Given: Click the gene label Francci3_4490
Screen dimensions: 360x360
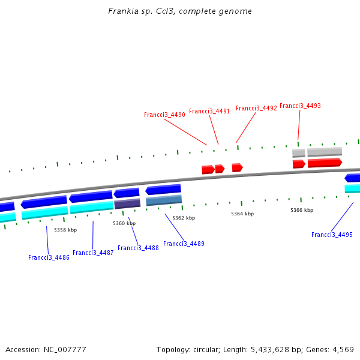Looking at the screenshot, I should point(164,115).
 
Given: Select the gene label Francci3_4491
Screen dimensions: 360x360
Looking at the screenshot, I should point(209,111).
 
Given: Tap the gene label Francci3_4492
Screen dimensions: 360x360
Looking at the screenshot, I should point(256,109).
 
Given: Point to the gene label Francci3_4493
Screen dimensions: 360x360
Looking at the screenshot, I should point(300,106).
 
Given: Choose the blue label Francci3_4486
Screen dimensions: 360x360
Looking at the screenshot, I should point(49,257).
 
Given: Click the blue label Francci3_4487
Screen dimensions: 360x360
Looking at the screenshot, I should point(93,253).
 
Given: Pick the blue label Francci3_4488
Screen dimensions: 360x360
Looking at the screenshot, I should point(138,248).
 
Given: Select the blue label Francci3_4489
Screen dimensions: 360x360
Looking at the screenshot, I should point(184,244).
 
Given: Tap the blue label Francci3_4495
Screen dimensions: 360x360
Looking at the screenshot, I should point(332,235).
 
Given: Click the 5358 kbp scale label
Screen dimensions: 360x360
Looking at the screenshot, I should point(65,230).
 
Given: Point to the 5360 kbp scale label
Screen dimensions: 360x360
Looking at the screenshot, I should point(124,224).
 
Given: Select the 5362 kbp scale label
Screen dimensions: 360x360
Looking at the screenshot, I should point(184,218).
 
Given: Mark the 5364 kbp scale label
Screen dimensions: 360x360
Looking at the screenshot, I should point(242,214).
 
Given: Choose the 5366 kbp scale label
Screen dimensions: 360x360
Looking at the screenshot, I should point(302,210).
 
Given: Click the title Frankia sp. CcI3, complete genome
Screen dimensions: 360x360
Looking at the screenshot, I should point(180,11).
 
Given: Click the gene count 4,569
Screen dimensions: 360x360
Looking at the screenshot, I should point(343,349).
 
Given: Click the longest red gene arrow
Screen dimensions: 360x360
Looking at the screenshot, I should point(325,163).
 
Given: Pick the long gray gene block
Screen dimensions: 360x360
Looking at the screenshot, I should point(325,151).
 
